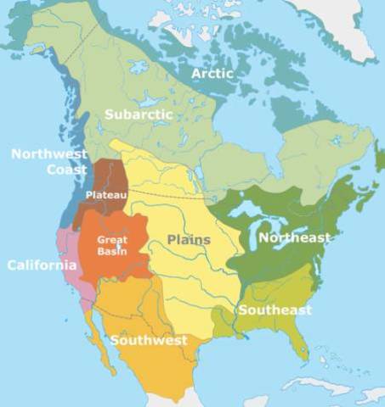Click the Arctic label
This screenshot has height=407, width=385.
click(x=212, y=74)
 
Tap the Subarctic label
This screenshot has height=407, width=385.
click(x=139, y=114)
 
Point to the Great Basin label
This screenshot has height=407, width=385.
click(x=112, y=245)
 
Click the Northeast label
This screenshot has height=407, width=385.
click(x=293, y=238)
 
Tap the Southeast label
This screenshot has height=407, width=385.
click(x=275, y=309)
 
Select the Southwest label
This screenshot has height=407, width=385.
click(x=148, y=341)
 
